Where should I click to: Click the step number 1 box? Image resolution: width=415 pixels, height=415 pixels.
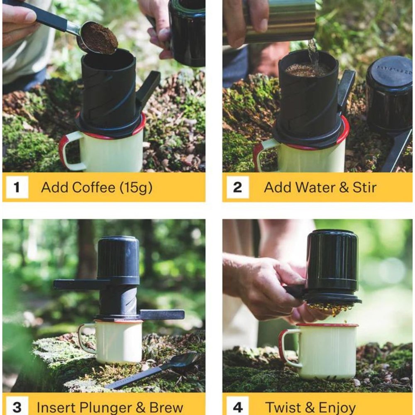(x=17, y=187)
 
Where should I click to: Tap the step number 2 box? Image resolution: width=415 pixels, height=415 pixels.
(x=237, y=187)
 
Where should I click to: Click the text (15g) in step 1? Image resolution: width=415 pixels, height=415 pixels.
(x=136, y=188)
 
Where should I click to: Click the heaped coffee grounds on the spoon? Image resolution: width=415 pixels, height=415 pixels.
(x=99, y=38)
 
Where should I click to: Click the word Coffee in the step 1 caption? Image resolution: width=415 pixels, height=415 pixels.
(x=94, y=187)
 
